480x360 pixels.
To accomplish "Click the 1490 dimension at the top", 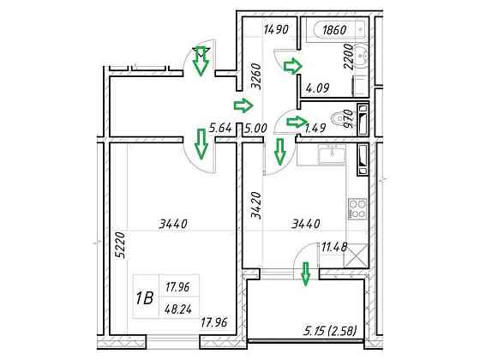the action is pos(276,30).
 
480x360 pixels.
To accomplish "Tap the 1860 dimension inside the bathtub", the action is pos(334,30).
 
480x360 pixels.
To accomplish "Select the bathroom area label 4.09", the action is pos(318,88).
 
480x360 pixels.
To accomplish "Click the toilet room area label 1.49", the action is pos(315,128).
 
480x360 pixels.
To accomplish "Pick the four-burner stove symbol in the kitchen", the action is pos(357,209).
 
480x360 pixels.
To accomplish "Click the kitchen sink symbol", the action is pos(333,154).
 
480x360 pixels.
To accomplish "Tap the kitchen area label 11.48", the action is pos(334,247).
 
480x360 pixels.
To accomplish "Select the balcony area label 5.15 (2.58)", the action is pos(331,331).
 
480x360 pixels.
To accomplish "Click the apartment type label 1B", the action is pos(145,298).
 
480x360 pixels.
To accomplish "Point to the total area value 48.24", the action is pos(178,309).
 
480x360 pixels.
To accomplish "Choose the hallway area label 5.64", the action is pos(220,128).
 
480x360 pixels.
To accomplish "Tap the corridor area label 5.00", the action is pos(256,128).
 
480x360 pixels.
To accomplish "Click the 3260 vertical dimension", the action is pos(256,76).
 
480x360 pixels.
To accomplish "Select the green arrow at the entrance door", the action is pos(201,61).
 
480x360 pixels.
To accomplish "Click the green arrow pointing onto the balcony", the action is pos(305,273).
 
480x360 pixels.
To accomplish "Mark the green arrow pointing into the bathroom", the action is pos(292,66).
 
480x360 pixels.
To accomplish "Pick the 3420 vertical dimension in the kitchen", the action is pos(256,205).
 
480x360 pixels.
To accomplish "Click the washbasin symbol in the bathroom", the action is pos(362,56).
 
